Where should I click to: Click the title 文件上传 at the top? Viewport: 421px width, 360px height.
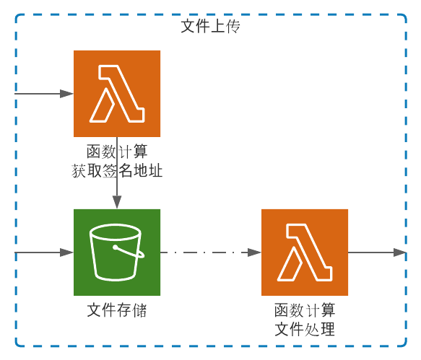coord(211,26)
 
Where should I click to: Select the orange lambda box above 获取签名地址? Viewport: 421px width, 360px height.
coord(117,94)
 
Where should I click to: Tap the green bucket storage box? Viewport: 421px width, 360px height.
coord(117,253)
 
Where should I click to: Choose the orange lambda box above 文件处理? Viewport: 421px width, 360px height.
coord(305,253)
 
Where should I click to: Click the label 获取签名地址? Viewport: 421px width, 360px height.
coord(117,171)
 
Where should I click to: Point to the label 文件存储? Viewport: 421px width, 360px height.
coord(117,310)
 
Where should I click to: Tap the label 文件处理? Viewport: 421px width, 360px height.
coord(305,329)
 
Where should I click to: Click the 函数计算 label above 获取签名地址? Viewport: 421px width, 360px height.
coord(117,152)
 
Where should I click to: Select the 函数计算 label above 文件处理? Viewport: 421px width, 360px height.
coord(305,310)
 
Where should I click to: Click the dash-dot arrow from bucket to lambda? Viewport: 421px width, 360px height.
coord(211,253)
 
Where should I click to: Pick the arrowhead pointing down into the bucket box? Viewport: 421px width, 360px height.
coord(117,202)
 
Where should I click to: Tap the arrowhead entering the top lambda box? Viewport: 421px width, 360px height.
coord(67,94)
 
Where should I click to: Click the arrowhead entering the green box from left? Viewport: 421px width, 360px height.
coord(67,253)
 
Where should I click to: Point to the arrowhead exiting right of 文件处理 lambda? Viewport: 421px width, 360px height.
coord(400,253)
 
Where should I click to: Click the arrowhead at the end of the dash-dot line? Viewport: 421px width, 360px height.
coord(254,253)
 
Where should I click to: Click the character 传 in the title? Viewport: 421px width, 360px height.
coord(233,26)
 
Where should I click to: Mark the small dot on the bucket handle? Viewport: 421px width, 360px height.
coord(116,247)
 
